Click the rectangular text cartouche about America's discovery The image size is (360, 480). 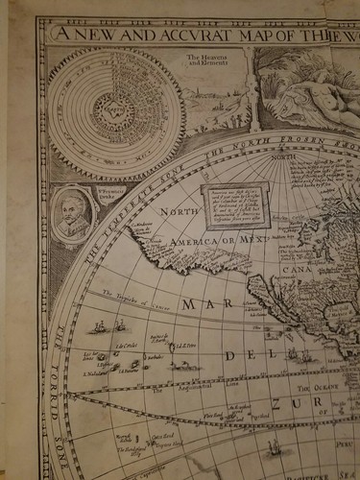click(x=233, y=206)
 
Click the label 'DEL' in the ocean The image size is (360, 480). click(x=237, y=355)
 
